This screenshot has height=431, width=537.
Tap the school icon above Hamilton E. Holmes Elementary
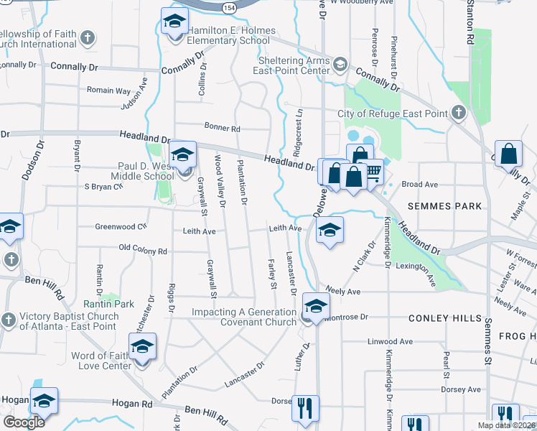(x=173, y=23)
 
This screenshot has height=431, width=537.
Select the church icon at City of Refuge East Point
(x=457, y=113)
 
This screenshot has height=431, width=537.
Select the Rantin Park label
(x=108, y=304)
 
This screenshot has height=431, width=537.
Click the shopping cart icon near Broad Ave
(x=373, y=171)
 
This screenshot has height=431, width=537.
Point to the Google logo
(x=24, y=422)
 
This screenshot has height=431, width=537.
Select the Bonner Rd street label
(x=222, y=128)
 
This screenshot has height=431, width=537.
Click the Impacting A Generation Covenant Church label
(x=243, y=317)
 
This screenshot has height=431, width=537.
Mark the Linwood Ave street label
(x=390, y=342)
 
